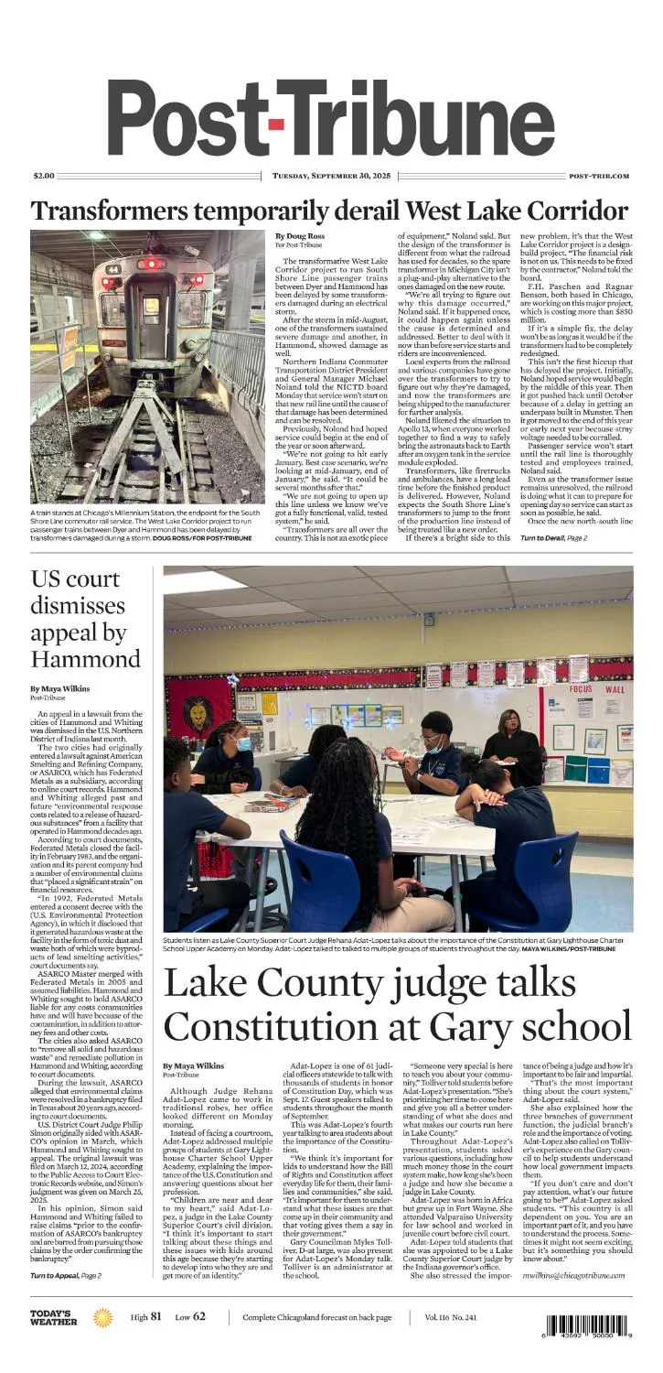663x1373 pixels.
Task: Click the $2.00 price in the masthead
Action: [44, 175]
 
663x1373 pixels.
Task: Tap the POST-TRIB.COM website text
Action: [598, 175]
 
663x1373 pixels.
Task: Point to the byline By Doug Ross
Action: [300, 236]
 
